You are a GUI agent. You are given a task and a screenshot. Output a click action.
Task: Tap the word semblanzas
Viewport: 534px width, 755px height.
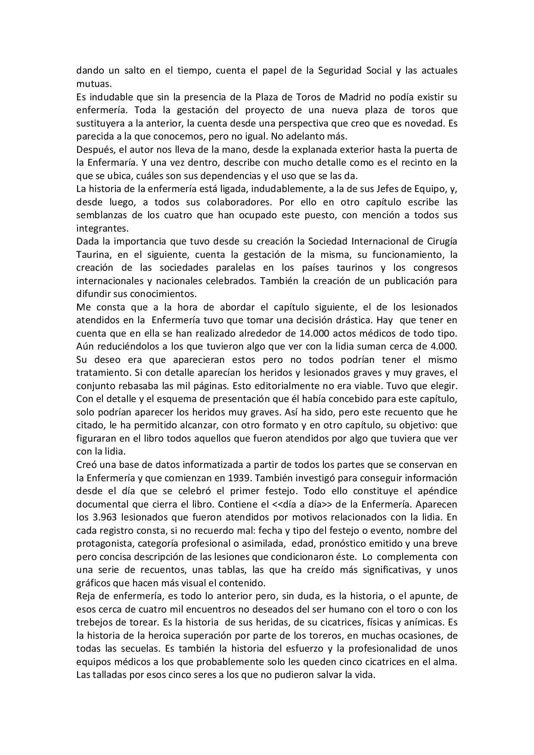click(x=101, y=215)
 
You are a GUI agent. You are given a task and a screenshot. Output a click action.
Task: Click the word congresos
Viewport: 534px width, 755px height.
click(x=435, y=268)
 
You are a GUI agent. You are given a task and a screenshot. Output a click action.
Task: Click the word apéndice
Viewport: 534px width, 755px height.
click(x=436, y=491)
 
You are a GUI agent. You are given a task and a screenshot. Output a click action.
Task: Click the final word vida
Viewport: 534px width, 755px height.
click(x=366, y=675)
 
